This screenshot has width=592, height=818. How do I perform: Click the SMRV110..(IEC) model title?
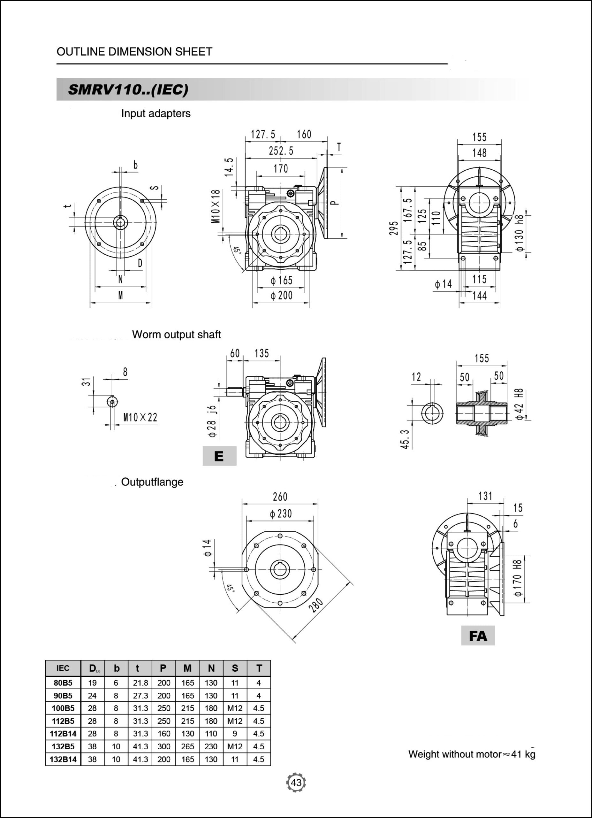(x=128, y=89)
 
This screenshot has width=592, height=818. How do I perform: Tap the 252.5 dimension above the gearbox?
(x=281, y=151)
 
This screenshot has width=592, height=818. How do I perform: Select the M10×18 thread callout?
(x=216, y=206)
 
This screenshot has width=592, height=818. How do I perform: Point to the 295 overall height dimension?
(x=394, y=228)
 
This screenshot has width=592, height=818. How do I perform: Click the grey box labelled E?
(x=219, y=456)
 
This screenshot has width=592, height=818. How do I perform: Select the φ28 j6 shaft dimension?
(x=212, y=421)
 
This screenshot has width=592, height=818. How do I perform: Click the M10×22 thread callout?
(x=140, y=417)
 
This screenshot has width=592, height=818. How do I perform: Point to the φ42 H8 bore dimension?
(x=519, y=404)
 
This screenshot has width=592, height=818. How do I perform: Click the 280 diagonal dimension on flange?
(x=316, y=606)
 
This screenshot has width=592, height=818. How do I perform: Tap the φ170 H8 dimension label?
(x=517, y=578)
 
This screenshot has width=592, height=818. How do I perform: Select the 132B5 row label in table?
(x=63, y=746)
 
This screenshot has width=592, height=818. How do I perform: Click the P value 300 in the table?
(x=163, y=746)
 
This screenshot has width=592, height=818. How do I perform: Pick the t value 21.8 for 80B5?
(x=140, y=683)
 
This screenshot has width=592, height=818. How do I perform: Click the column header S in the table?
(x=235, y=668)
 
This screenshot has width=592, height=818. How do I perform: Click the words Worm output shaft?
(x=176, y=334)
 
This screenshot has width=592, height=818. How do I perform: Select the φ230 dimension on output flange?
(x=281, y=513)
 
